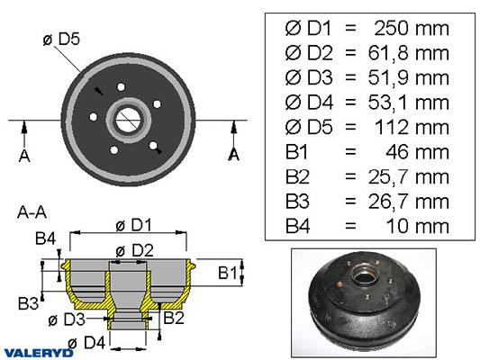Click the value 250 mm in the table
coord(412,29)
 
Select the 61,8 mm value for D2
coord(408,53)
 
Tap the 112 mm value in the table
coord(412,128)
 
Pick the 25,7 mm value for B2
coord(408,177)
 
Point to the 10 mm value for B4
coord(418,226)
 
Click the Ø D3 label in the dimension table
coord(309,78)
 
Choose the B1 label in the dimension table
coord(296,152)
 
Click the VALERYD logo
coord(38,353)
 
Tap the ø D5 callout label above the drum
coord(61,40)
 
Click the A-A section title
coord(32,212)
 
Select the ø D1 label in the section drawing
coord(134,226)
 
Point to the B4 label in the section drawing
coord(45,238)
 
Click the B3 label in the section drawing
coord(28,303)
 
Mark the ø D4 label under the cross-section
coord(86,343)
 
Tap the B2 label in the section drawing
coord(174,318)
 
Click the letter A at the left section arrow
coord(24,156)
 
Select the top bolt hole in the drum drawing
coord(122,87)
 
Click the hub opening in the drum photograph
coord(364,278)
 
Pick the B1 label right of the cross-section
coord(228,273)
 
